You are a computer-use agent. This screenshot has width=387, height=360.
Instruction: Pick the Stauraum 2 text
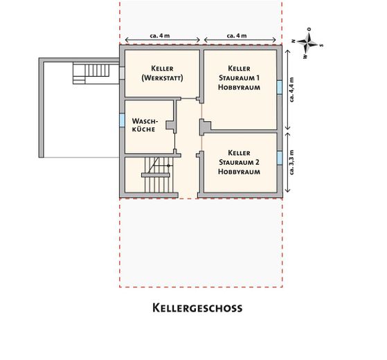[238, 161]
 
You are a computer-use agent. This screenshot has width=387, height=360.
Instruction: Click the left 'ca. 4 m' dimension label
[163, 35]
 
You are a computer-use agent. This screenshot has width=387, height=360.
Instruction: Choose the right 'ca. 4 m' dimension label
[239, 35]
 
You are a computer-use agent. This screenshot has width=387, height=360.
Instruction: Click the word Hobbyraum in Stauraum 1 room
[238, 88]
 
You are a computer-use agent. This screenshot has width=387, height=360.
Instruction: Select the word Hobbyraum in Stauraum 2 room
[238, 171]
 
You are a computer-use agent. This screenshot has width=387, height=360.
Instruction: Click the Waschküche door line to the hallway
[175, 142]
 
